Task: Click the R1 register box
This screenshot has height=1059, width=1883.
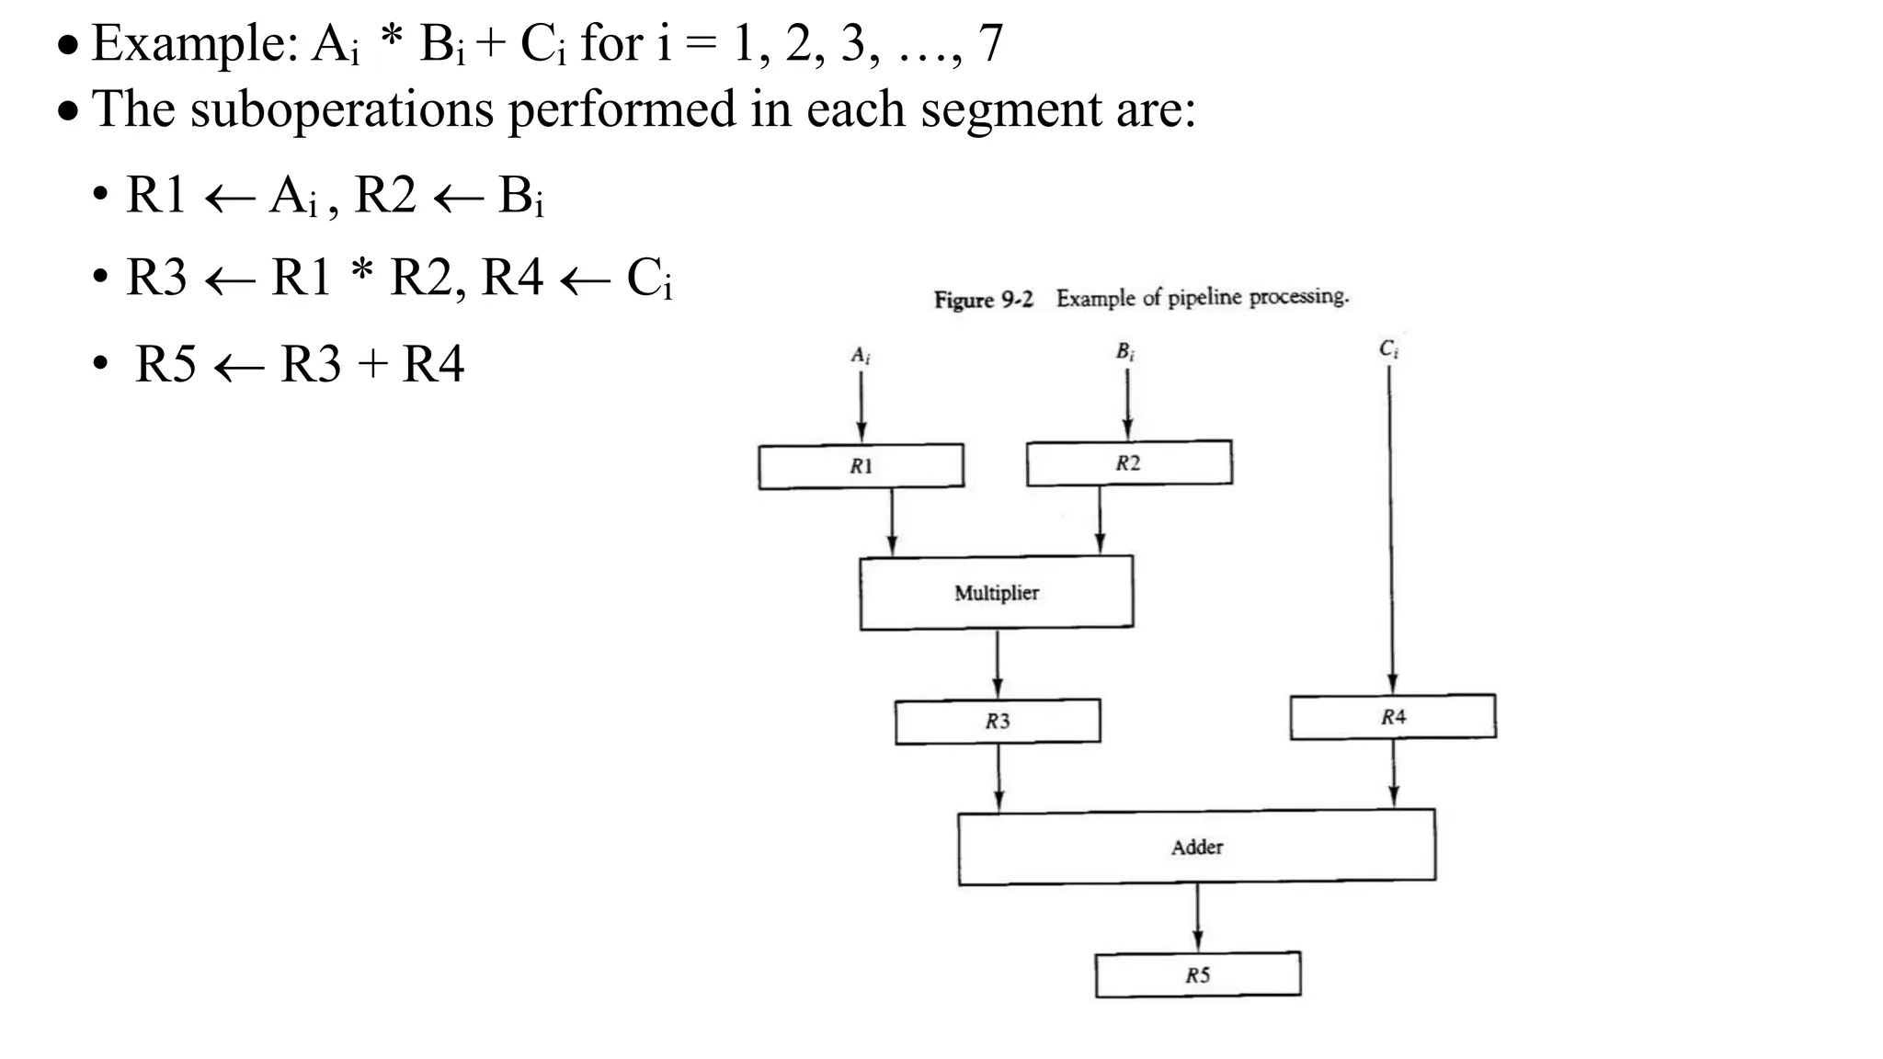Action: [861, 466]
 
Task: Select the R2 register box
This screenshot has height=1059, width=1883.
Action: [1128, 462]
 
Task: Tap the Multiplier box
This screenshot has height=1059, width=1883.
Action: [996, 593]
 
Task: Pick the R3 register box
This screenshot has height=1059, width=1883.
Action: [998, 722]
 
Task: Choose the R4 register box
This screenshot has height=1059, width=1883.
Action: [1392, 717]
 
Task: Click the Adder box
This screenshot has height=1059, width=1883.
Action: [1196, 848]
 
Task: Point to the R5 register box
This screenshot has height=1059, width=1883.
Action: [1197, 975]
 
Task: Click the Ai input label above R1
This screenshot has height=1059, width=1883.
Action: [861, 355]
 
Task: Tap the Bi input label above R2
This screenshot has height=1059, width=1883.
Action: [1125, 351]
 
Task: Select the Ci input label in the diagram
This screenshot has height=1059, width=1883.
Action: [1388, 349]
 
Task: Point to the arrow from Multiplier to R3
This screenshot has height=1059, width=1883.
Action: [998, 664]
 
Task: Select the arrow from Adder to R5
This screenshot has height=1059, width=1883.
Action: [1197, 917]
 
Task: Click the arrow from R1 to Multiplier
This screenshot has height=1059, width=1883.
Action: [891, 521]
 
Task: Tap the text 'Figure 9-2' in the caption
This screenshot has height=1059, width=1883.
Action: [983, 300]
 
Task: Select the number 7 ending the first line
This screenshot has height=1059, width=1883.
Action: [990, 43]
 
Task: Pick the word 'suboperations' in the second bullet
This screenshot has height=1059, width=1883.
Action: [341, 109]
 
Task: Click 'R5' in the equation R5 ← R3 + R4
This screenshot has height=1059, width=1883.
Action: [165, 364]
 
